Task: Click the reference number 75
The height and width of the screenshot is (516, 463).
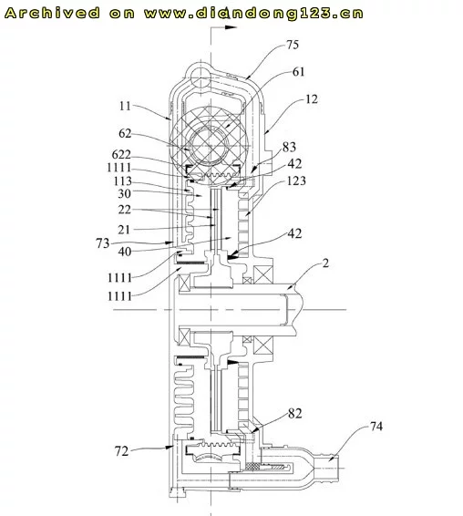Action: (293, 45)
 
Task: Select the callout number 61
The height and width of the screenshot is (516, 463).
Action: (298, 72)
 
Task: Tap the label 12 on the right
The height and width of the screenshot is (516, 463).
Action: (312, 99)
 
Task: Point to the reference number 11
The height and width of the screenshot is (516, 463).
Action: (125, 106)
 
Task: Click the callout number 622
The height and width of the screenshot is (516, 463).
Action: (121, 154)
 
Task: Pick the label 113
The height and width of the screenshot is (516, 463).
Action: (123, 181)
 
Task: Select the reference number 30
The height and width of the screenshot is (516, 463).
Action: (124, 193)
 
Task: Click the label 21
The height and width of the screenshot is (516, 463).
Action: (124, 230)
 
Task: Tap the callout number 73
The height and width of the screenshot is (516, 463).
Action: (103, 243)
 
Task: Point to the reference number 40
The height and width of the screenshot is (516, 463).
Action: (125, 252)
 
